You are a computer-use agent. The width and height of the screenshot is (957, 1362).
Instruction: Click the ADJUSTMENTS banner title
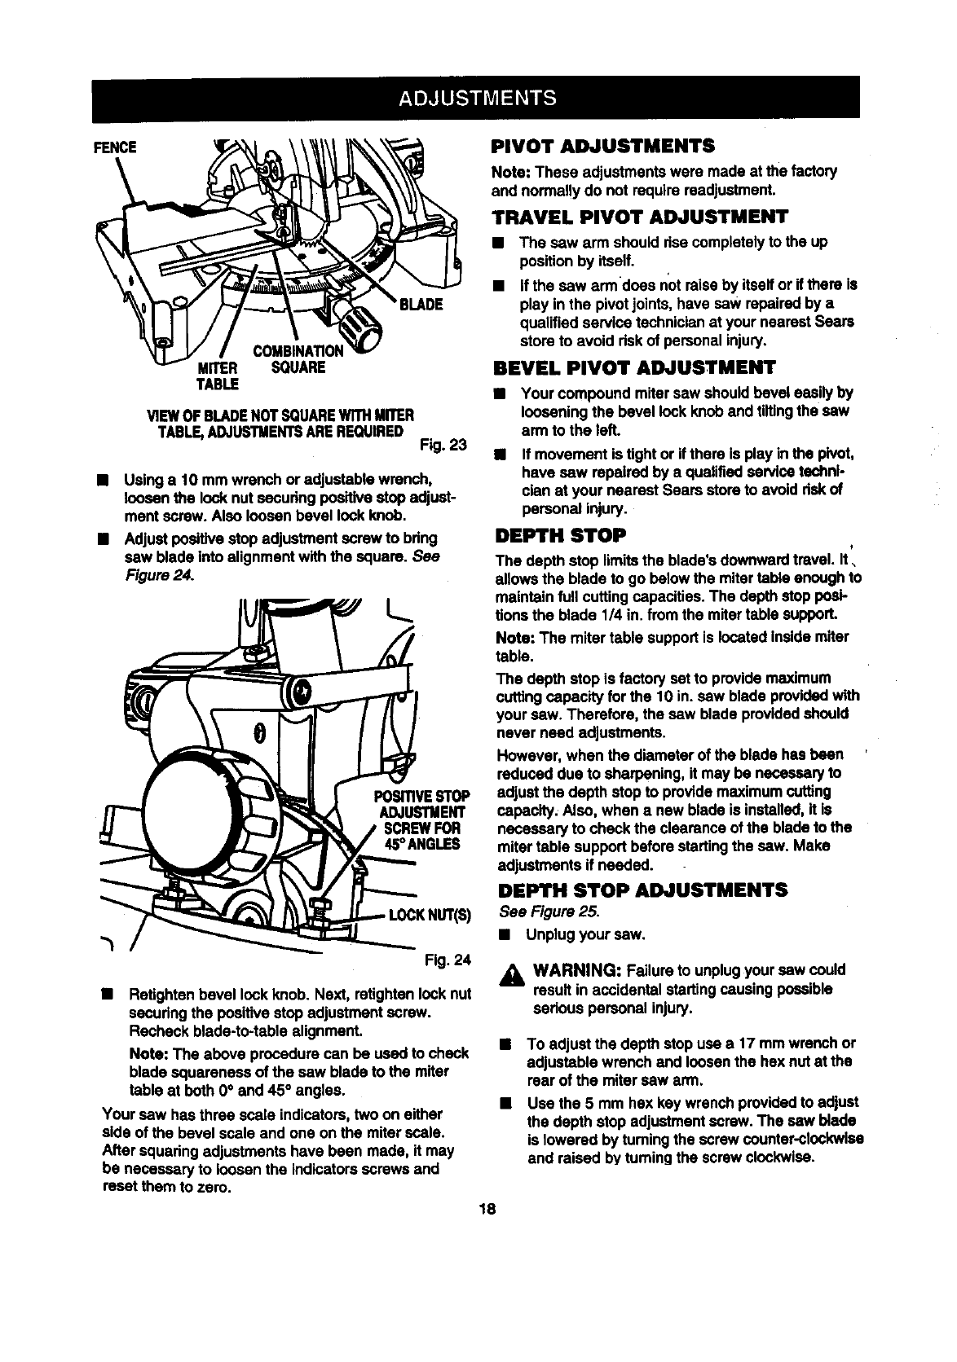477,98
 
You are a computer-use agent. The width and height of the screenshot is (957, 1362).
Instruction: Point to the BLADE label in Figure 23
420,305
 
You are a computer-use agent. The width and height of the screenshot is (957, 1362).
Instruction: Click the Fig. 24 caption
448,960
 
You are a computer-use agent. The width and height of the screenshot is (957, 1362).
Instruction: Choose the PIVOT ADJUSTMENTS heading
603,147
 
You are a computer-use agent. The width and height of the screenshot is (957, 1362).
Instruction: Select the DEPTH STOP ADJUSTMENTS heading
641,888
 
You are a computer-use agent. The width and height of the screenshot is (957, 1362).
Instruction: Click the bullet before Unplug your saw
506,934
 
